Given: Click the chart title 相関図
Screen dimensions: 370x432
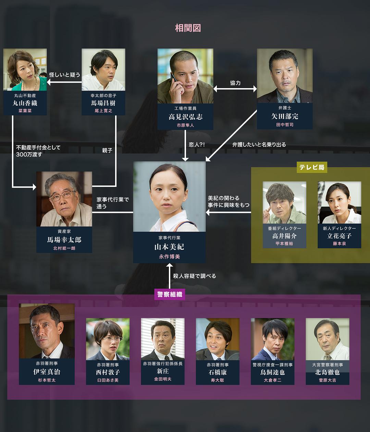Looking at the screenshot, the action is [x=188, y=28].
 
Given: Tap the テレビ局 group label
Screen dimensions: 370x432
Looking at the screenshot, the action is [x=312, y=167].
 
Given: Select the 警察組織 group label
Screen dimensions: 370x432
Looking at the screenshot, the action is [x=170, y=294].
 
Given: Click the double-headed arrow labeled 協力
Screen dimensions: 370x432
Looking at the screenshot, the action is [x=235, y=89].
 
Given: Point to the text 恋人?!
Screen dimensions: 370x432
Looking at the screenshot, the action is [x=197, y=144].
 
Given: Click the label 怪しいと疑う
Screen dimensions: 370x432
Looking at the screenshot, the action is [x=64, y=75].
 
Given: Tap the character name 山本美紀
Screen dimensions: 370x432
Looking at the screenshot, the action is [x=169, y=247].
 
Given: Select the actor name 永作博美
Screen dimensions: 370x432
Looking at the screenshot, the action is [x=169, y=257].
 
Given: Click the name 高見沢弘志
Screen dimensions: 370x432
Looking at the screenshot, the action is [x=185, y=117].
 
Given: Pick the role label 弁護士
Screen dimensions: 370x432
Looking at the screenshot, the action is [x=285, y=108].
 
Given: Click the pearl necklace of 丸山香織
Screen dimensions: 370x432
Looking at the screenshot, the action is [x=31, y=85].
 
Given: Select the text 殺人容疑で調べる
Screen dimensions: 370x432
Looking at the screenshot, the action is [x=194, y=276].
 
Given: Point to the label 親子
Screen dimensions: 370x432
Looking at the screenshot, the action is [x=107, y=150].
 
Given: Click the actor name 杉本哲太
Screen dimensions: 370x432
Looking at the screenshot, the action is [x=47, y=380].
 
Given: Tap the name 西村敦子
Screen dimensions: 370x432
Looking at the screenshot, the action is [x=108, y=372].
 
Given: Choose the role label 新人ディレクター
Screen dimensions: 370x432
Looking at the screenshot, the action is [x=339, y=228].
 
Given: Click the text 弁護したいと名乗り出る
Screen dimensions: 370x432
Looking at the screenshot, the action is [x=259, y=144].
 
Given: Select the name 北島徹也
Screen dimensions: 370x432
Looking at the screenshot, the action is [x=328, y=372].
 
